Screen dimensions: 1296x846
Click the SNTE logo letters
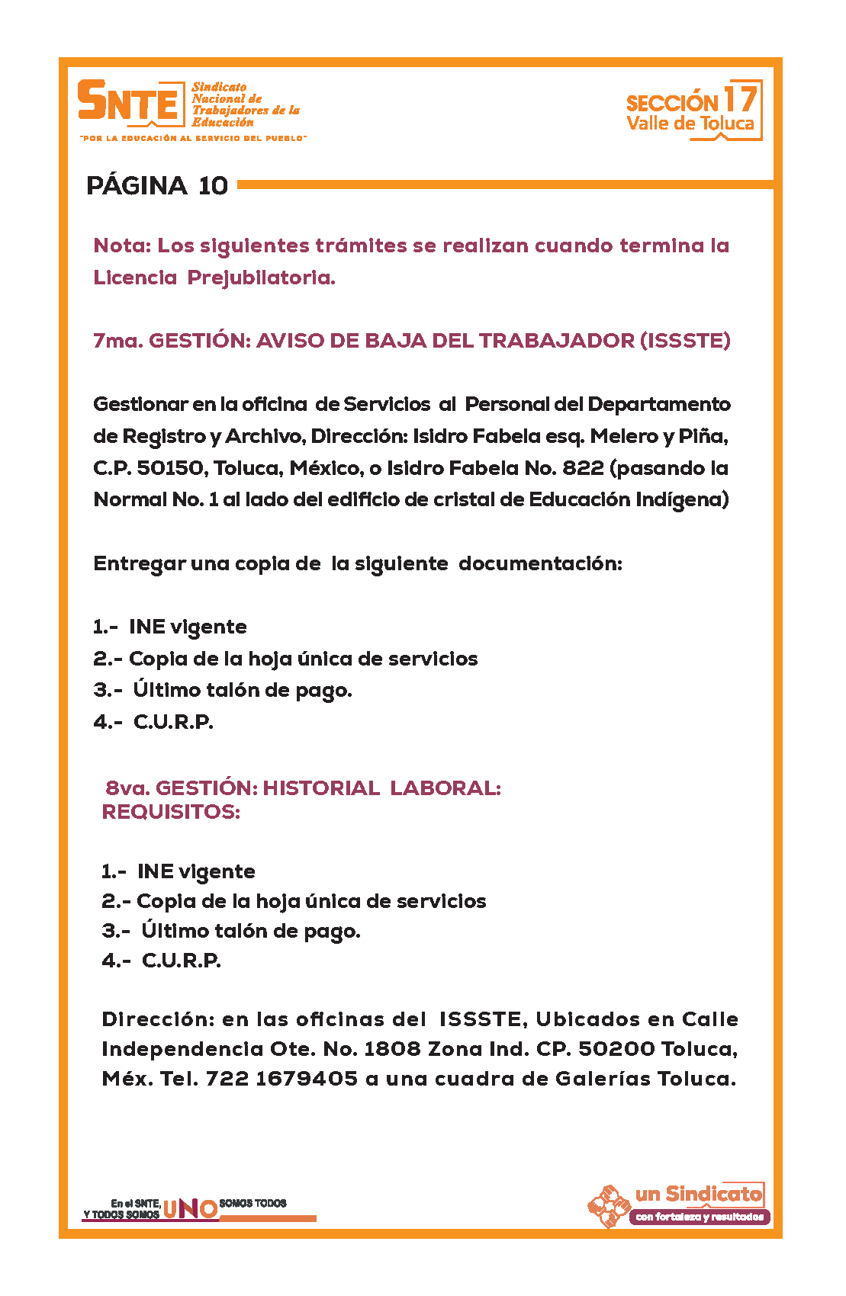(128, 102)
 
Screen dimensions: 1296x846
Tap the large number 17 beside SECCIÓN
(739, 99)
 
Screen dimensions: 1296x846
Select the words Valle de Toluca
(690, 124)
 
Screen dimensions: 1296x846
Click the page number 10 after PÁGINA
(213, 186)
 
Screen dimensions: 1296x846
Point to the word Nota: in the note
(122, 245)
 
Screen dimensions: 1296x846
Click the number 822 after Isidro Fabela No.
(583, 468)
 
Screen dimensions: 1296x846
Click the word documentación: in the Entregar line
(540, 563)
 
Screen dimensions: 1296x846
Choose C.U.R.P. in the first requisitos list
(173, 722)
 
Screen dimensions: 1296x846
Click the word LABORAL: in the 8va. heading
(446, 788)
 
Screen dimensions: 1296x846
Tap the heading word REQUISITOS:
(171, 812)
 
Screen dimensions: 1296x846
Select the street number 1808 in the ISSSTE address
(392, 1049)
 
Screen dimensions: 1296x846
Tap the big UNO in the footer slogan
(190, 1208)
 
